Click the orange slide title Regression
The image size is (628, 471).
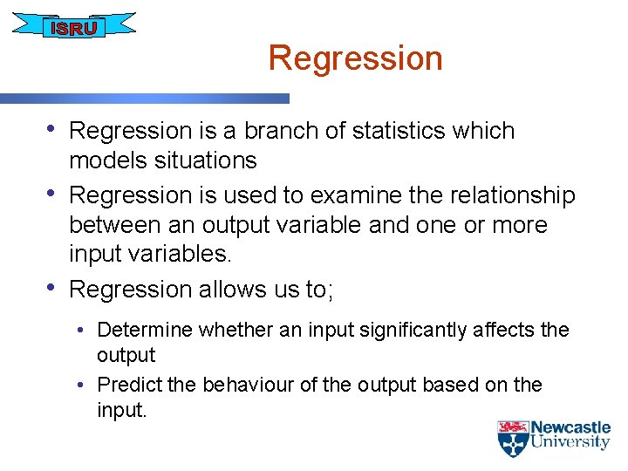pos(355,58)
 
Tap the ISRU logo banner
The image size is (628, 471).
pos(74,27)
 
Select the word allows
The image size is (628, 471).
pos(243,289)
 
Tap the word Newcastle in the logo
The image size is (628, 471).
pos(570,427)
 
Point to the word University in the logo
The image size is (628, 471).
pos(570,442)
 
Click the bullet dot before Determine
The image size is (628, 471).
pos(80,331)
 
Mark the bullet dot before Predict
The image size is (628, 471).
pos(80,386)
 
